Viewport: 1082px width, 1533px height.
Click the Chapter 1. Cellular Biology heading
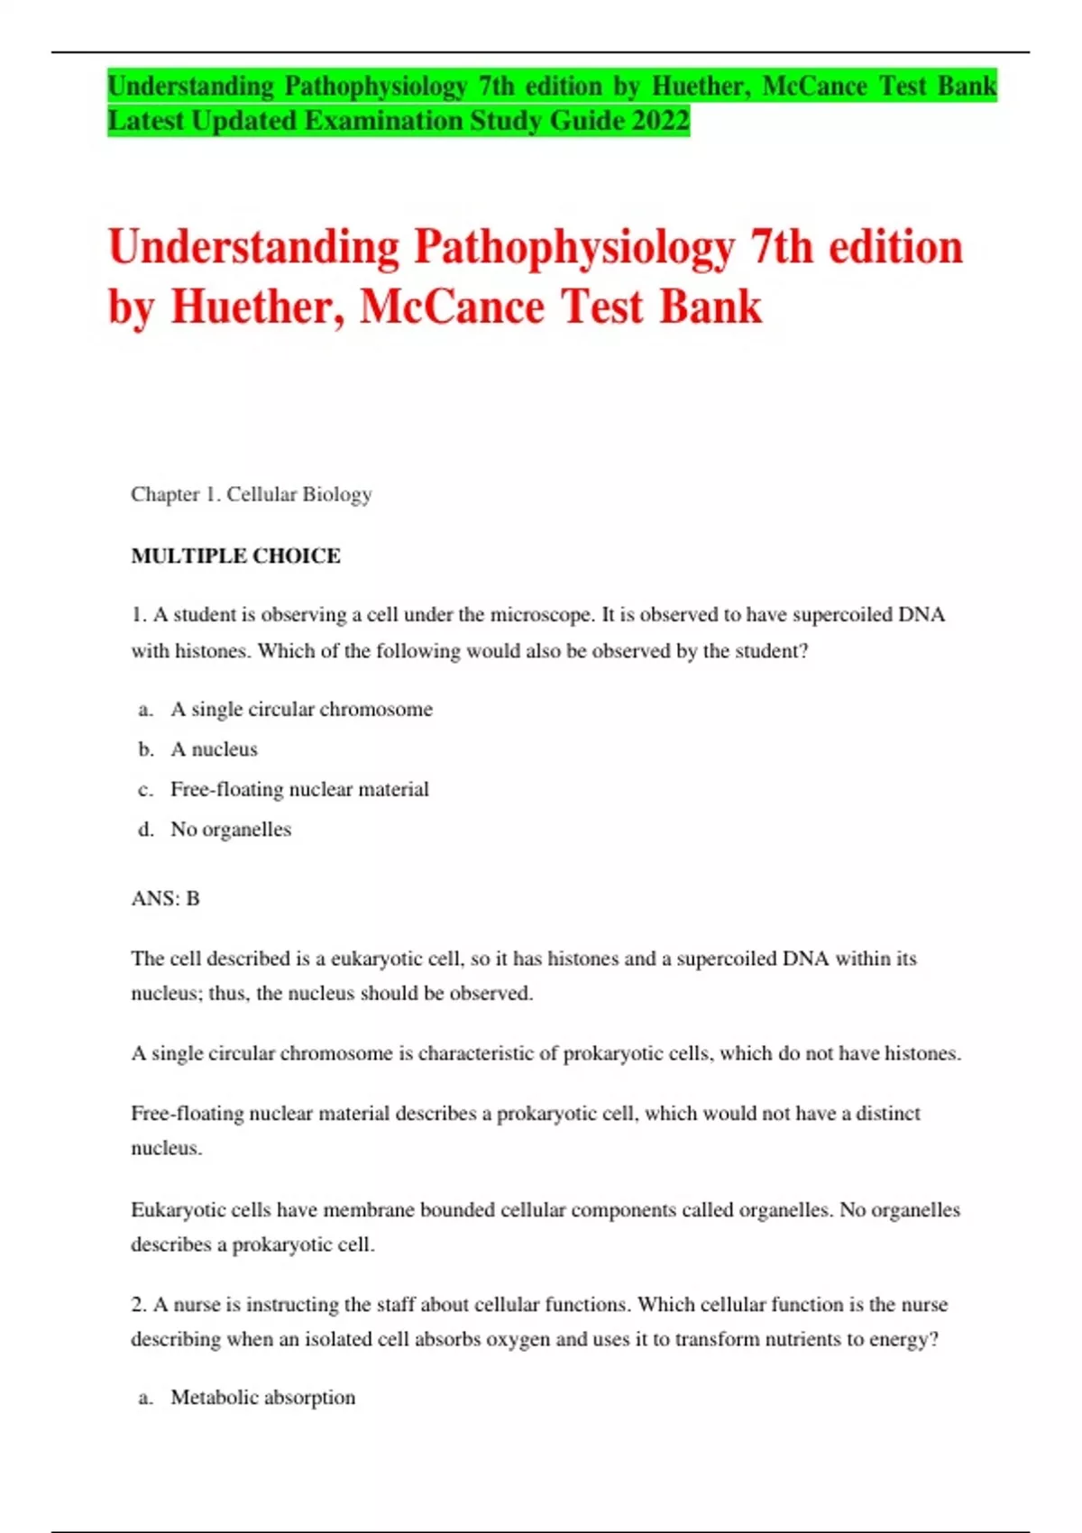tap(252, 494)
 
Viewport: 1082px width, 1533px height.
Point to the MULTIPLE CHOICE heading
tap(236, 555)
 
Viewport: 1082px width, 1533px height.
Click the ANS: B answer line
tap(165, 898)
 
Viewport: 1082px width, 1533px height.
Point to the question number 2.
tap(138, 1305)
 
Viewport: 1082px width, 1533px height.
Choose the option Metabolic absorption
tap(262, 1398)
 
